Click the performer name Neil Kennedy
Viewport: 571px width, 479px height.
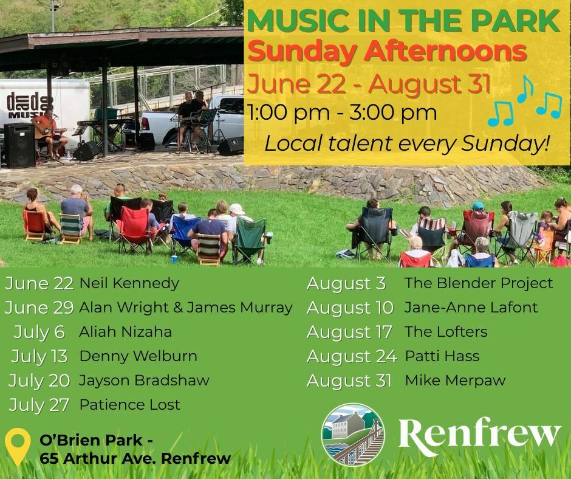click(129, 283)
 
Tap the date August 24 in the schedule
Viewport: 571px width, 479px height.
click(352, 356)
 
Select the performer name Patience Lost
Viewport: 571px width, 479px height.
click(129, 405)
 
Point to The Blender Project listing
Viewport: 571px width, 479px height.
click(479, 283)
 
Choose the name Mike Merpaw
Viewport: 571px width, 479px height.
click(455, 381)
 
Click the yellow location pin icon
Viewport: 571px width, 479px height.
click(18, 446)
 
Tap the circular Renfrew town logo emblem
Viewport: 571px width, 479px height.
click(353, 435)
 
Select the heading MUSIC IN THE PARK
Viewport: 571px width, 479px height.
click(403, 21)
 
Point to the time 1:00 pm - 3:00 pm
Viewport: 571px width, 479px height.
click(342, 112)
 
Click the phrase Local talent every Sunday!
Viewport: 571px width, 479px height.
click(406, 143)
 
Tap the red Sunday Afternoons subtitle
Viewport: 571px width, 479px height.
click(387, 52)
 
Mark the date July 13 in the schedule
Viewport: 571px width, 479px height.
click(39, 357)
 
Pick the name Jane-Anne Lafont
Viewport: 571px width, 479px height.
click(471, 308)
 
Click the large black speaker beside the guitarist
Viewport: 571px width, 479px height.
click(19, 145)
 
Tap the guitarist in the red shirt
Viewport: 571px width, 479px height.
click(49, 133)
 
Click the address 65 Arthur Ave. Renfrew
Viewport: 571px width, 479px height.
click(135, 458)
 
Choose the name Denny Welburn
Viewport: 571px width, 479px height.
click(138, 356)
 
